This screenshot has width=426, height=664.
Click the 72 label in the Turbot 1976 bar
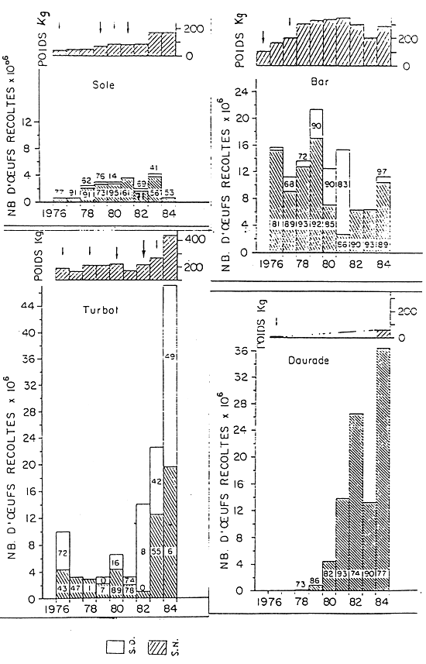pyautogui.click(x=61, y=555)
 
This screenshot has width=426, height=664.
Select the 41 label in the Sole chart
pyautogui.click(x=155, y=168)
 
